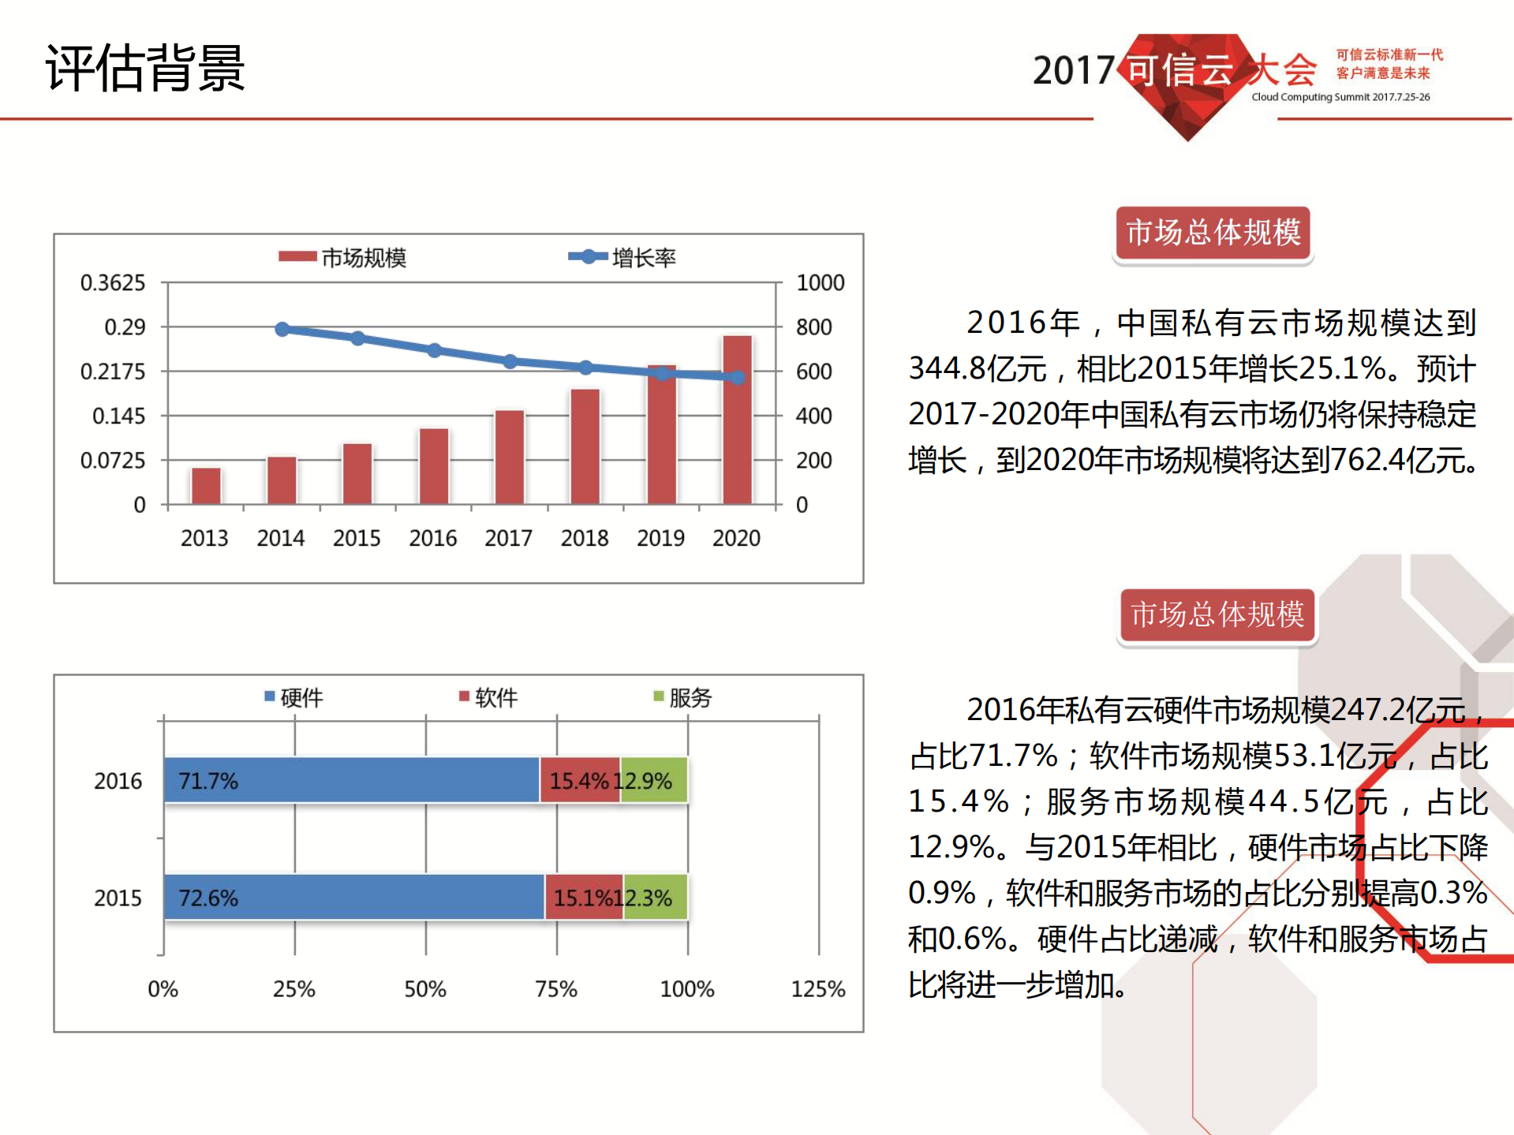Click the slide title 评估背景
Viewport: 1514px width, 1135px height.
(145, 68)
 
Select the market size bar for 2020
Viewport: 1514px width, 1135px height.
(737, 420)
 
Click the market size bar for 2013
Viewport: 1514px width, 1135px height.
(206, 485)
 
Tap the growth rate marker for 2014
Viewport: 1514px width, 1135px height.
(282, 329)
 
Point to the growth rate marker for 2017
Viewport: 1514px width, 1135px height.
(510, 361)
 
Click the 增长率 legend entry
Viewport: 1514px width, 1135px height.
(622, 257)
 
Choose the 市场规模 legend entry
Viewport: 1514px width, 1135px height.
(342, 257)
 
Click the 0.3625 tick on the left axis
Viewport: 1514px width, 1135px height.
(113, 282)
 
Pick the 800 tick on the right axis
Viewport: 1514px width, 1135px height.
(813, 327)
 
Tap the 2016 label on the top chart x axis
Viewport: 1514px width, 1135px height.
(432, 538)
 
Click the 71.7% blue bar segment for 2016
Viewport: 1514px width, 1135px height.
(351, 780)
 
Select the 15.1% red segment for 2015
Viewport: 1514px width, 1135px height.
(583, 897)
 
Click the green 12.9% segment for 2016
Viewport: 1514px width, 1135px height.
(654, 780)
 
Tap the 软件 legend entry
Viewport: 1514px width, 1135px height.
(488, 697)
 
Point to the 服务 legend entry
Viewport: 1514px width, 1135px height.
(682, 697)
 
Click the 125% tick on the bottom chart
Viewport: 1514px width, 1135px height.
(817, 988)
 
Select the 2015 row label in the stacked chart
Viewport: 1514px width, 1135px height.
(118, 898)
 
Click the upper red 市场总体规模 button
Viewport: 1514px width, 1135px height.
(1213, 233)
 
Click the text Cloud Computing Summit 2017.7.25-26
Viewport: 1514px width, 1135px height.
(1340, 97)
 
